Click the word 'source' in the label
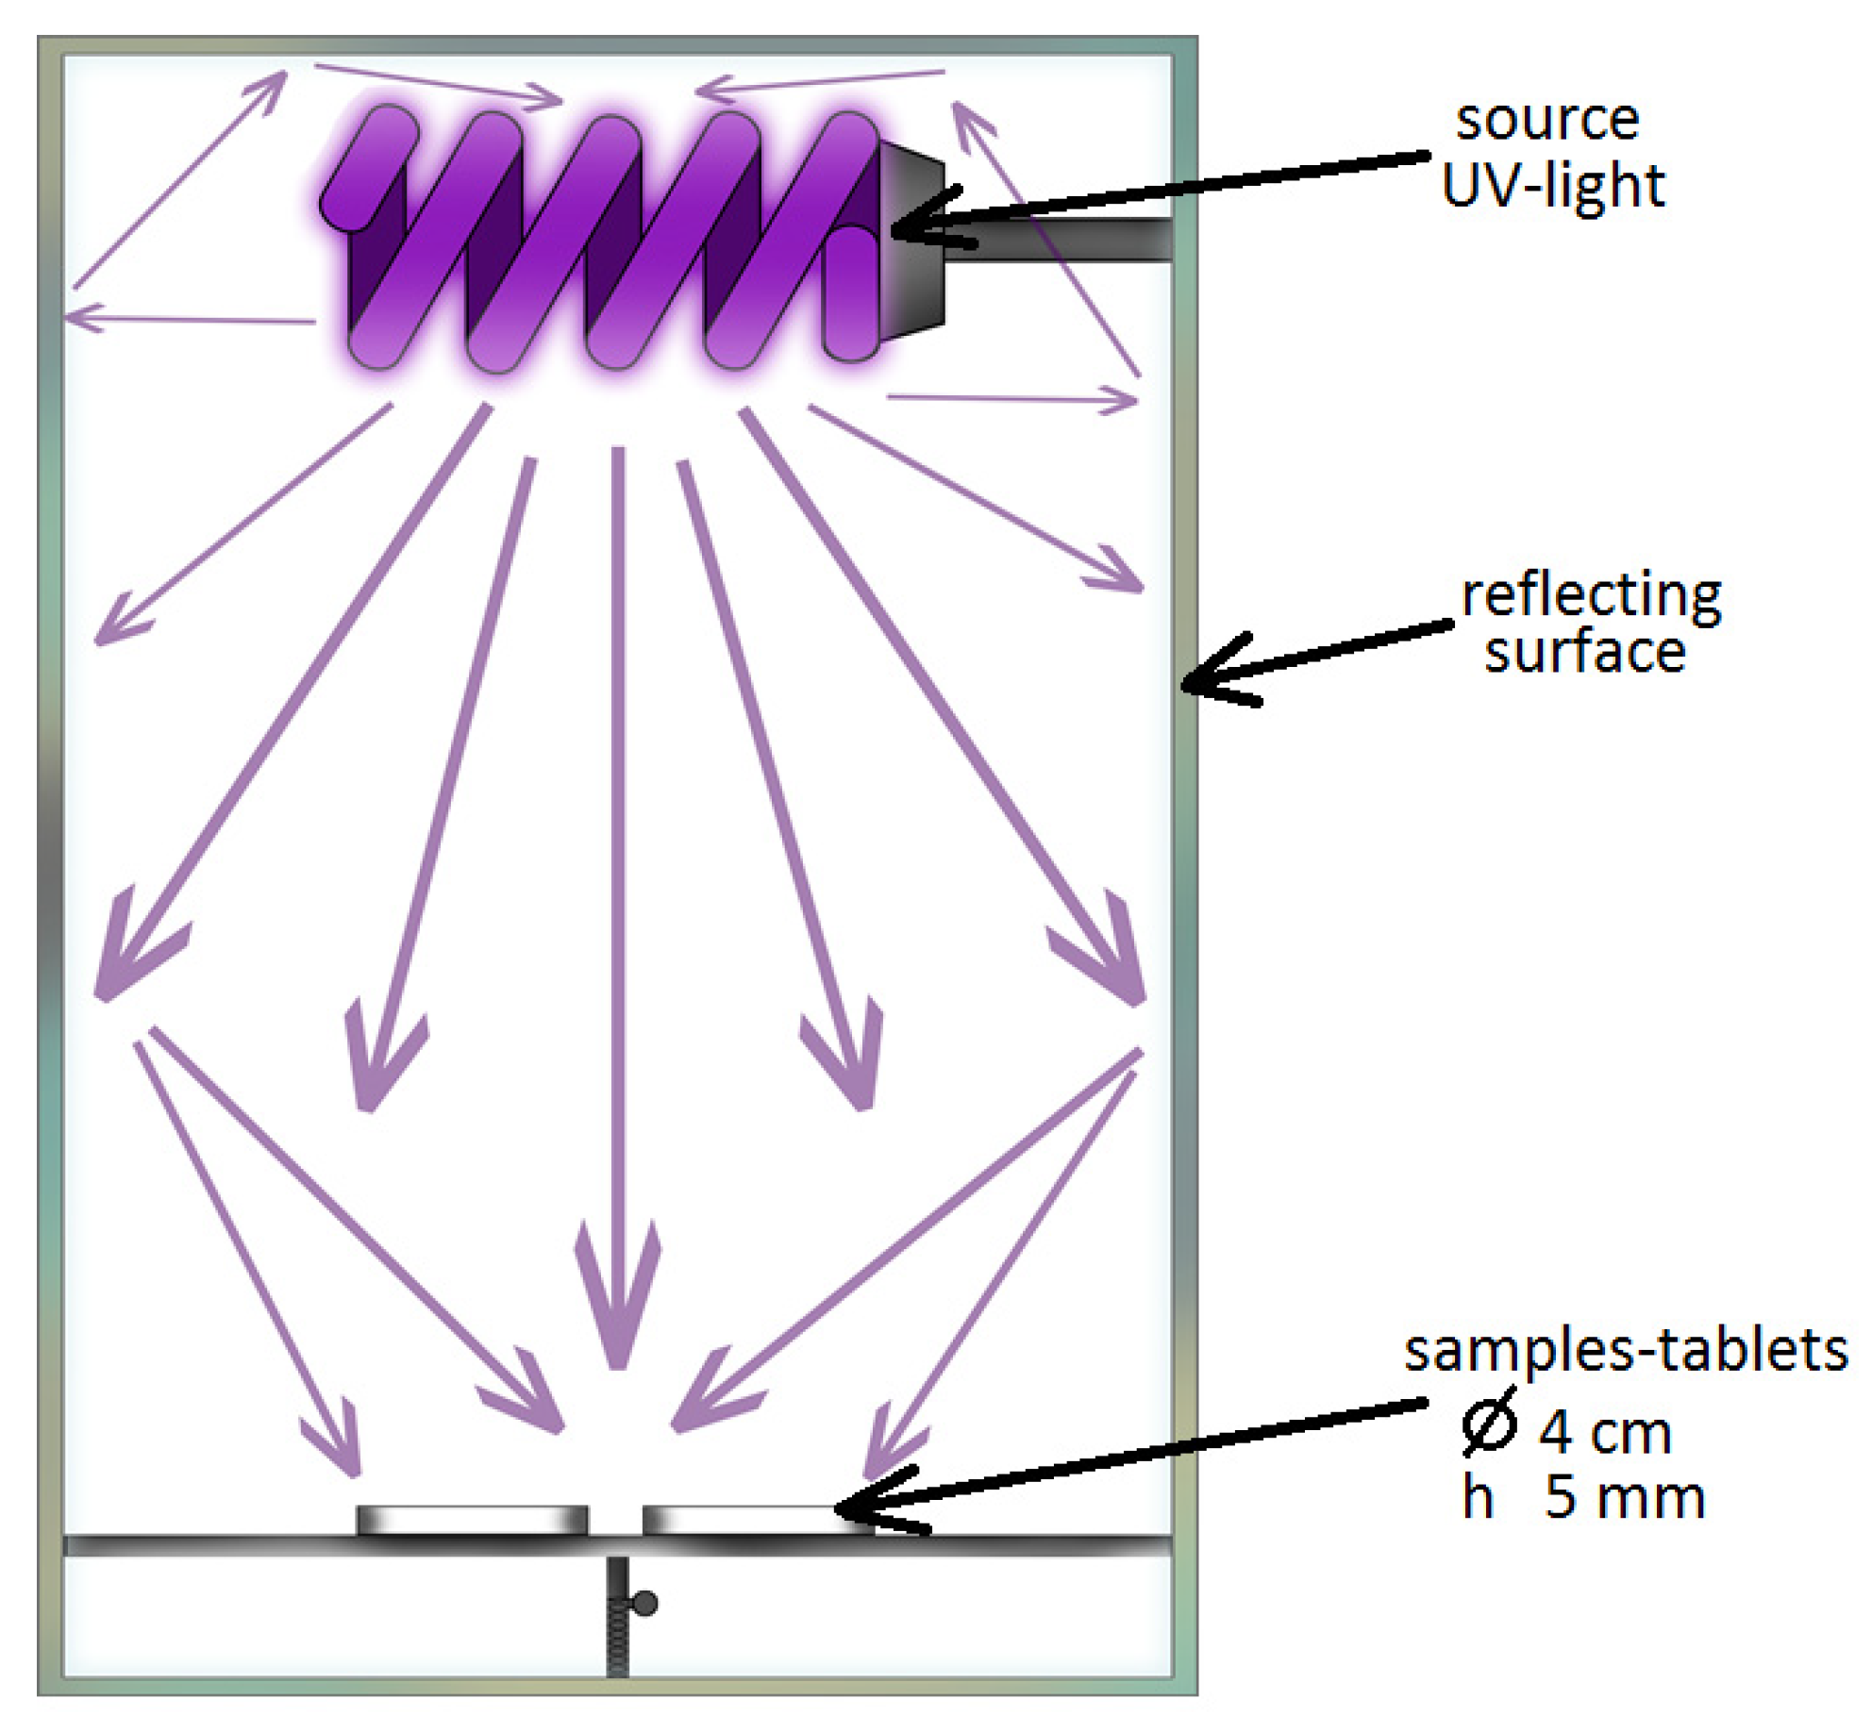click(x=1546, y=121)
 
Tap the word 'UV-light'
click(x=1552, y=186)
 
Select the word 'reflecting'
click(x=1591, y=597)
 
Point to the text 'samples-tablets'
click(x=1625, y=1351)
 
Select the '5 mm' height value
click(x=1625, y=1498)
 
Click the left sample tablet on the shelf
click(x=472, y=1520)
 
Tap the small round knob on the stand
click(x=645, y=1603)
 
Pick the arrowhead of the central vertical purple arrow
click(x=618, y=1321)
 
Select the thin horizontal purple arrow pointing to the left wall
click(x=189, y=319)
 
